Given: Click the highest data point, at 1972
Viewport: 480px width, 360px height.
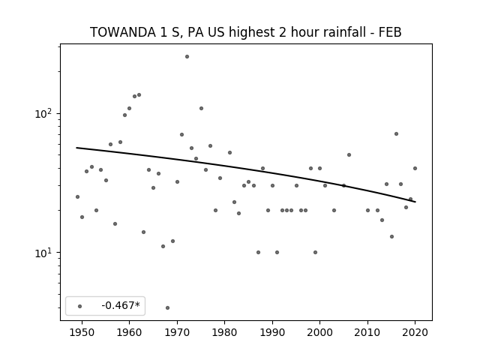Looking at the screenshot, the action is click(187, 57).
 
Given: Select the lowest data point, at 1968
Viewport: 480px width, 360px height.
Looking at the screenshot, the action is click(167, 307).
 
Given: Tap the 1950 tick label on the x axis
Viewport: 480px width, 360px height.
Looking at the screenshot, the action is click(82, 332).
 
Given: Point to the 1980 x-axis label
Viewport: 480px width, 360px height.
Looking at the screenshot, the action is click(224, 332).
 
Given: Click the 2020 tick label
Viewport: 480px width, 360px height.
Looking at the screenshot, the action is click(415, 332).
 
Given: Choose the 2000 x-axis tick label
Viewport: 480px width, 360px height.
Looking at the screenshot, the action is click(320, 332).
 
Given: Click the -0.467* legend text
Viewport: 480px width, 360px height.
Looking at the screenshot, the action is click(121, 305).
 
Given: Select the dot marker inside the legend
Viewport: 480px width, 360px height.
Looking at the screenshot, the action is click(80, 306).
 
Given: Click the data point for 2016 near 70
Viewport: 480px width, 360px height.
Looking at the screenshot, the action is click(396, 133).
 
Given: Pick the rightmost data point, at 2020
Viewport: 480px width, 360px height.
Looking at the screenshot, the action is click(415, 168).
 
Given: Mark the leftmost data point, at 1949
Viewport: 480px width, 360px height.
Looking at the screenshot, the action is click(77, 196).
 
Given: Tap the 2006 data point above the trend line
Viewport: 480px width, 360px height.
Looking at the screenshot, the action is click(349, 155).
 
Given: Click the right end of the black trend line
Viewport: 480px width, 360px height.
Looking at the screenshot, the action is click(415, 202).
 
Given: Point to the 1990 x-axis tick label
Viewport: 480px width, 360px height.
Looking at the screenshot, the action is click(272, 332).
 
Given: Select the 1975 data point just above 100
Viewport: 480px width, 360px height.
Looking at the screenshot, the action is click(201, 108).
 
